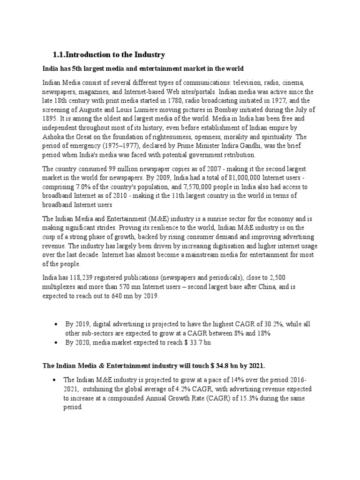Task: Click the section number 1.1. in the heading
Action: pos(61,55)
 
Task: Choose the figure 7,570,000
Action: pos(198,186)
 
